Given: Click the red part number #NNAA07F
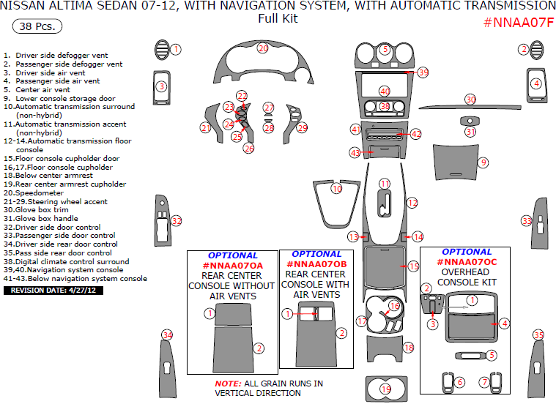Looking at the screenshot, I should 518,22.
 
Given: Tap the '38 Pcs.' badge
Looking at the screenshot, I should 37,26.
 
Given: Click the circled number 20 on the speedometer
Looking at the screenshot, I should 263,48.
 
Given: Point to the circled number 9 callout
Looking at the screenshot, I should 483,162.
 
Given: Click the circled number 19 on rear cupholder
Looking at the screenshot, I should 385,389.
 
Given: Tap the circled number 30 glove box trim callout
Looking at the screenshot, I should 470,99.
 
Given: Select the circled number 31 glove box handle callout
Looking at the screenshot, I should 470,132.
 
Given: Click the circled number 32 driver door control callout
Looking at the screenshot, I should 176,220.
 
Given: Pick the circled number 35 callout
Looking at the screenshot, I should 538,335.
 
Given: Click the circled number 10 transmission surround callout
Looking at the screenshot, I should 336,189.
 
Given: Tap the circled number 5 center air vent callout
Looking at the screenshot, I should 385,50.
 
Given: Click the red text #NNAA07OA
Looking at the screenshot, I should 231,265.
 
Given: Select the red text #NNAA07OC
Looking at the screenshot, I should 467,261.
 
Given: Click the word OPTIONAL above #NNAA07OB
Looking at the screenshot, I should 316,254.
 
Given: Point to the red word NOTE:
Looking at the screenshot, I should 227,384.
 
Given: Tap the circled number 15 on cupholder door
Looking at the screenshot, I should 413,266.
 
